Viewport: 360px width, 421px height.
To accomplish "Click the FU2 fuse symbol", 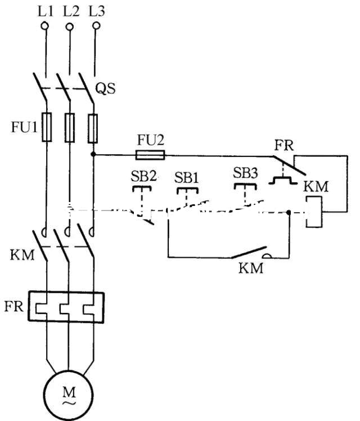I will click(x=150, y=154).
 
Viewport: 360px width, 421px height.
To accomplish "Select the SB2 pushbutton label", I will click(x=145, y=176).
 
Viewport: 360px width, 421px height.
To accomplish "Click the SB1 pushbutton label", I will click(x=187, y=177).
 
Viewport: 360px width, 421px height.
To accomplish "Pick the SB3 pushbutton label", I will click(x=245, y=173).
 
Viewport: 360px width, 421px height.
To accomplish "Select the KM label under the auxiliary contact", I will click(x=251, y=268).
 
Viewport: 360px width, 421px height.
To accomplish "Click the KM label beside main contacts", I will click(x=22, y=255).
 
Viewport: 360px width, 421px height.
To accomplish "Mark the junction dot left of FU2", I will click(x=93, y=154).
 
